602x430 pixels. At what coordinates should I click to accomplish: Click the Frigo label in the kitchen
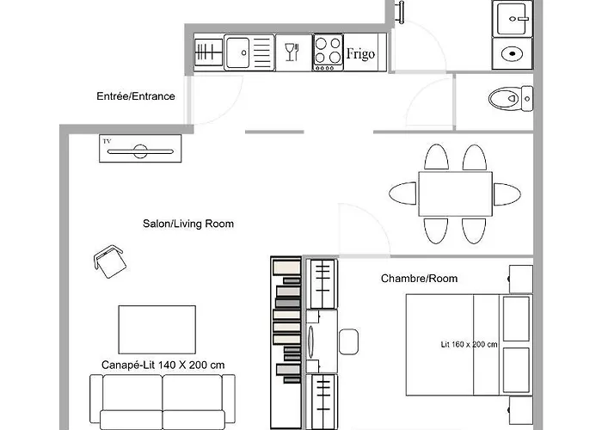[360, 53]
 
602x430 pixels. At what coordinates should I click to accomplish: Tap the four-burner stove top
[328, 52]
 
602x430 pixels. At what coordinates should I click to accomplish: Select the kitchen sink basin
[237, 52]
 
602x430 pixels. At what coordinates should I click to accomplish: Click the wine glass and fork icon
[292, 52]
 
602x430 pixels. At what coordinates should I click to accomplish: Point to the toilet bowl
[505, 99]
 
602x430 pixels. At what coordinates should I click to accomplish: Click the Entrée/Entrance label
[136, 96]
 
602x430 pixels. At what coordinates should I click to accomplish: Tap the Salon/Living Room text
[188, 224]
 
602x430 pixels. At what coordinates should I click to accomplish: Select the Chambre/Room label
[420, 279]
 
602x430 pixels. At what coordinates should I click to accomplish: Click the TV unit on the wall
[140, 148]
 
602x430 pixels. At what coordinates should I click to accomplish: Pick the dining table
[455, 193]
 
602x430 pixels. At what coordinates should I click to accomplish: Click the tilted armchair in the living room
[110, 261]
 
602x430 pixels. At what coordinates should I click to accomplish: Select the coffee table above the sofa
[157, 329]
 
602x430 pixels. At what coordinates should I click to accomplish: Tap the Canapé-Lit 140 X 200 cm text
[163, 365]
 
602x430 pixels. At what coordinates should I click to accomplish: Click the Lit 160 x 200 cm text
[470, 344]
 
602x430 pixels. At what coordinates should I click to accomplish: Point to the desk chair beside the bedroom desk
[348, 341]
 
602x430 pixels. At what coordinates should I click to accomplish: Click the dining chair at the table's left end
[402, 193]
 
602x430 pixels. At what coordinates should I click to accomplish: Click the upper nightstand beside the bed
[520, 279]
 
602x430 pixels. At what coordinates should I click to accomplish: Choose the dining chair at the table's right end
[507, 194]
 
